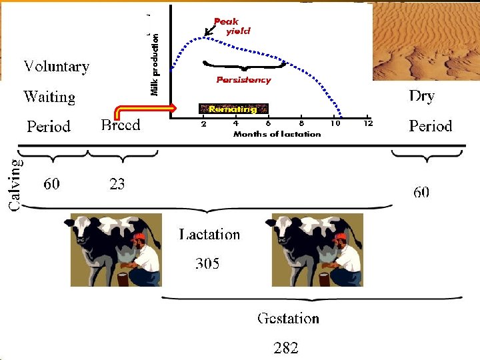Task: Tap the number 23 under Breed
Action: click(x=117, y=183)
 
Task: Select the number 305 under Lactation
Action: click(x=207, y=263)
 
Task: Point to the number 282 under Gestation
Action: click(x=286, y=347)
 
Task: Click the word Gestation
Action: click(x=288, y=318)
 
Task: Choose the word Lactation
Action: click(x=209, y=234)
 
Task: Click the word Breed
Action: click(x=121, y=125)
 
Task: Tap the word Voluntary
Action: click(x=57, y=67)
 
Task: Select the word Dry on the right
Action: click(x=421, y=96)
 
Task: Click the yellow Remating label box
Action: click(x=233, y=109)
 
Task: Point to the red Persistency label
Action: click(x=243, y=80)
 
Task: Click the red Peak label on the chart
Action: click(x=226, y=22)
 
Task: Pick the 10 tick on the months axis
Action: click(x=337, y=123)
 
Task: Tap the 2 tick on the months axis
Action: click(x=204, y=123)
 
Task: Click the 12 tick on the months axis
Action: click(x=368, y=123)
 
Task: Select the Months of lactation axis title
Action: click(x=277, y=134)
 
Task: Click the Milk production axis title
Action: click(x=155, y=65)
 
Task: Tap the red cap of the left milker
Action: click(x=139, y=237)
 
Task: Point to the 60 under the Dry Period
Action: click(x=421, y=192)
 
